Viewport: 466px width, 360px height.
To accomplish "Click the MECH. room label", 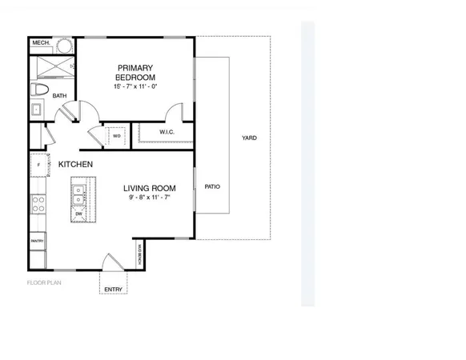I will [x=42, y=42].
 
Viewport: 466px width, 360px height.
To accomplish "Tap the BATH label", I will [x=60, y=96].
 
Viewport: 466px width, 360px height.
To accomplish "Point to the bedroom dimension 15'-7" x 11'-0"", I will [x=135, y=86].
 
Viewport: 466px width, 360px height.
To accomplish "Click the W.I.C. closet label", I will [x=167, y=132].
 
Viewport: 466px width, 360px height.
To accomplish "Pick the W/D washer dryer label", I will [x=116, y=136].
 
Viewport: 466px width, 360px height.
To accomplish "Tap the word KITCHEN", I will [x=75, y=165].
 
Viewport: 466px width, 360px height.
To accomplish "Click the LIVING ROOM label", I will [x=149, y=189].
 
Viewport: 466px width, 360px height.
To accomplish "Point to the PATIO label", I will [x=211, y=186].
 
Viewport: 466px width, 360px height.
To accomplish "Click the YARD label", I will [x=249, y=138].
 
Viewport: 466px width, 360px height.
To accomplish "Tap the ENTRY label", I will [x=113, y=289].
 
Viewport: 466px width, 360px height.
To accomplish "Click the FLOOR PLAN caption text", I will [x=44, y=282].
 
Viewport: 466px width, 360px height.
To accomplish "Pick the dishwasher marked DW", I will [x=78, y=214].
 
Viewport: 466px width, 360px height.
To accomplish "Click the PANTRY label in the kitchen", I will [x=37, y=240].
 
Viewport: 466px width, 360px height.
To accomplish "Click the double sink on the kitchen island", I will [x=78, y=191].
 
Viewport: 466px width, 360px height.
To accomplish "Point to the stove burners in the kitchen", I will [x=37, y=204].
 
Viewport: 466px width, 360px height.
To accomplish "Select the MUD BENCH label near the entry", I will [x=140, y=254].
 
